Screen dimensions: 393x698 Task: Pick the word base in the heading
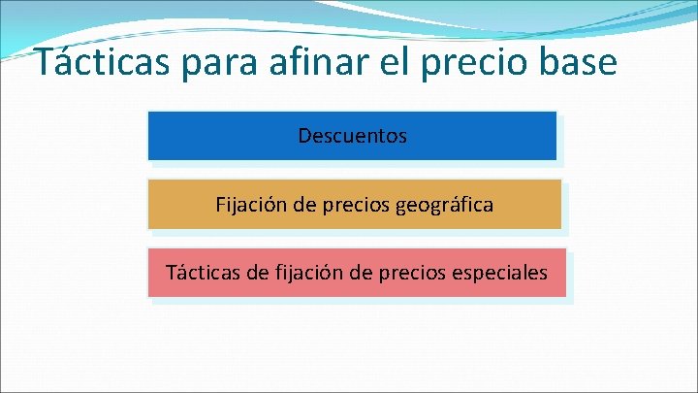(577, 62)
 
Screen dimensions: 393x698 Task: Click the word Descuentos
(353, 136)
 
